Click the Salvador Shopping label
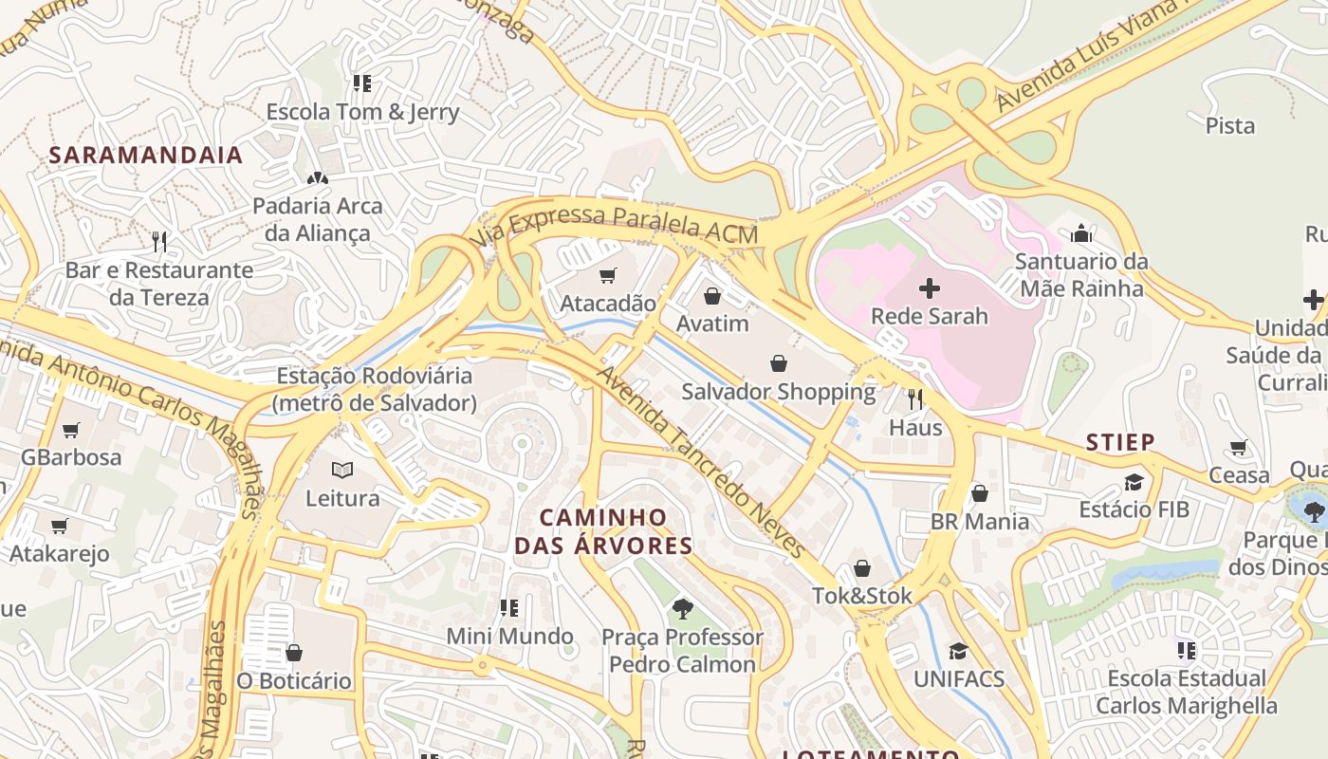pos(779,391)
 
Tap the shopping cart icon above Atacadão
pos(608,275)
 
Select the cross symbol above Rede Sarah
pos(930,287)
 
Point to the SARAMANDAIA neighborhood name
pos(146,155)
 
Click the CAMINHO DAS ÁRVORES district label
pos(603,531)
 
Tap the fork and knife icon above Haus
pos(915,398)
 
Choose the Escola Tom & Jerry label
pos(362,112)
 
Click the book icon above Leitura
pos(342,470)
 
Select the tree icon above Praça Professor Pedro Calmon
pos(682,608)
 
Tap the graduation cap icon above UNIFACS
pos(958,651)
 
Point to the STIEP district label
pos(1120,442)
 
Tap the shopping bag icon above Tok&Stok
pos(862,568)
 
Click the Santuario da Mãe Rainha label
pos(1080,274)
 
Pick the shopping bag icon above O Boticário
pos(294,653)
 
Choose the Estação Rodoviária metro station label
pos(375,389)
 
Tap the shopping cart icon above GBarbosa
pos(71,430)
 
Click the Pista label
pos(1229,125)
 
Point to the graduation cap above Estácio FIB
pos(1134,482)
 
